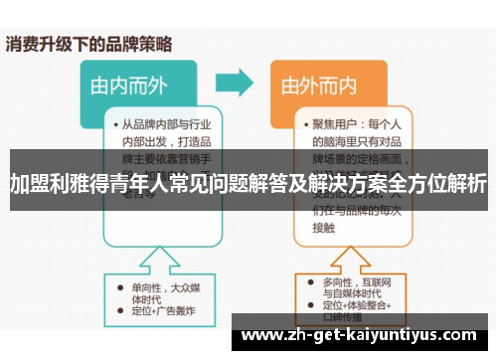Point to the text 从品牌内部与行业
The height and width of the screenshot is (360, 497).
coord(163,126)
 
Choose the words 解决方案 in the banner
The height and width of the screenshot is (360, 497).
coord(360,185)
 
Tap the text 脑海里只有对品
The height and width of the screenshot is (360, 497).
coord(353,143)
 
